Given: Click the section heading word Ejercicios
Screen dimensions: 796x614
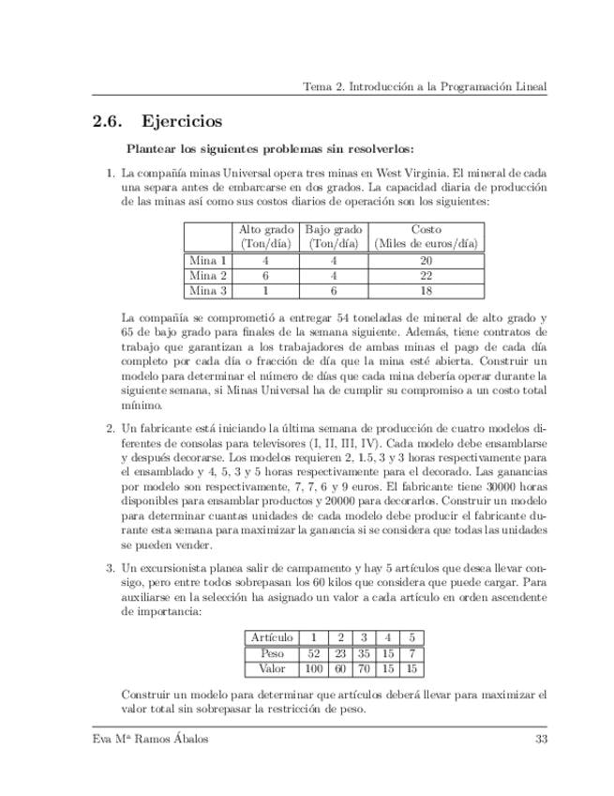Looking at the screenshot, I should pos(182,121).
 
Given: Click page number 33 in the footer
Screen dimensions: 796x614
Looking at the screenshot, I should pos(540,739).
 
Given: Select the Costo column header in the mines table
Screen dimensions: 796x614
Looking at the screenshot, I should pos(427,236).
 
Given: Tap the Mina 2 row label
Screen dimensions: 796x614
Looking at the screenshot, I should pos(208,276).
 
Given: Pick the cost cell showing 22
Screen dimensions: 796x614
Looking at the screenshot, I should pos(427,276).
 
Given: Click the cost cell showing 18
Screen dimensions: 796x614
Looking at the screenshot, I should pos(427,291).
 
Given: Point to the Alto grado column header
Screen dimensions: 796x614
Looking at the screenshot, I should pos(266,236).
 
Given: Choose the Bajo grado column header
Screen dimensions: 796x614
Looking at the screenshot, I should pos(334,236).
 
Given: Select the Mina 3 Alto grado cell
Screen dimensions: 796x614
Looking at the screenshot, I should pos(266,291).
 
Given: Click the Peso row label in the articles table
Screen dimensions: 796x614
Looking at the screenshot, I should pos(272,653).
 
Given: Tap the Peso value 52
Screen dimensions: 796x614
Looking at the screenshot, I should pos(314,653).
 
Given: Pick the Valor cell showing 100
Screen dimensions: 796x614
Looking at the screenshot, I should pos(314,669).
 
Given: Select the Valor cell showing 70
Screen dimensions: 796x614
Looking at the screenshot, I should pos(365,669).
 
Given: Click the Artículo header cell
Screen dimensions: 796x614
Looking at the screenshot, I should pos(272,637).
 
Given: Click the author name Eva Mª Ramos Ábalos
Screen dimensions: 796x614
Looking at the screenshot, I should pos(145,739).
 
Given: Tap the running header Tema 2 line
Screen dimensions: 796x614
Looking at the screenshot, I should pos(425,86).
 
